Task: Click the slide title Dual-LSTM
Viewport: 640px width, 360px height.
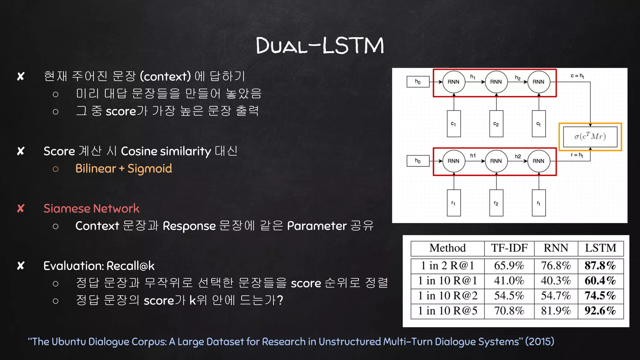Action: click(x=320, y=46)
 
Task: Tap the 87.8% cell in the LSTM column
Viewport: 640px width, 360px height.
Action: click(x=600, y=266)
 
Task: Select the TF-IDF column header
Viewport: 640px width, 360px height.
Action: click(x=509, y=248)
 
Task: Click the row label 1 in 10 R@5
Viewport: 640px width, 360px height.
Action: click(x=447, y=311)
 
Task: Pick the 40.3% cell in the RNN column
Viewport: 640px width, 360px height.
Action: click(x=556, y=281)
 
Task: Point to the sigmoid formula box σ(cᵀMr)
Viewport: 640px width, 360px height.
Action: click(x=590, y=137)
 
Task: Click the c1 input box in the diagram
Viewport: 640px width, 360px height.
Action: click(x=453, y=124)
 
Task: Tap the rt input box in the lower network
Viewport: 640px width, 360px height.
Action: click(x=538, y=203)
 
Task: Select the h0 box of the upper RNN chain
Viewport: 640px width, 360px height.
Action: click(x=418, y=82)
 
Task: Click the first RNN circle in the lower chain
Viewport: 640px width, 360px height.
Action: click(x=453, y=161)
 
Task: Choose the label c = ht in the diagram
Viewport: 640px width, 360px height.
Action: click(x=577, y=76)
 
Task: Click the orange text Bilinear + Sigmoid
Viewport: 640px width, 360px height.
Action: click(x=123, y=169)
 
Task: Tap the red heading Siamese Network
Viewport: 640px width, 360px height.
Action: click(x=91, y=208)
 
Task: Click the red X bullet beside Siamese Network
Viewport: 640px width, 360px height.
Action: click(x=21, y=208)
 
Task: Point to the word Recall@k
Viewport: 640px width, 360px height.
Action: click(x=130, y=266)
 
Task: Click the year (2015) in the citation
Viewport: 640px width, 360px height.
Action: click(x=539, y=342)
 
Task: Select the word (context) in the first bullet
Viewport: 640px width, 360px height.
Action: click(x=165, y=76)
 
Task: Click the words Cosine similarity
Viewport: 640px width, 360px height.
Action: click(x=166, y=151)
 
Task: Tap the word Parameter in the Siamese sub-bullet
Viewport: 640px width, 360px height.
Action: click(x=317, y=226)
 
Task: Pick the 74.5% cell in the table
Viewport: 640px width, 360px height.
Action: click(x=600, y=296)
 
